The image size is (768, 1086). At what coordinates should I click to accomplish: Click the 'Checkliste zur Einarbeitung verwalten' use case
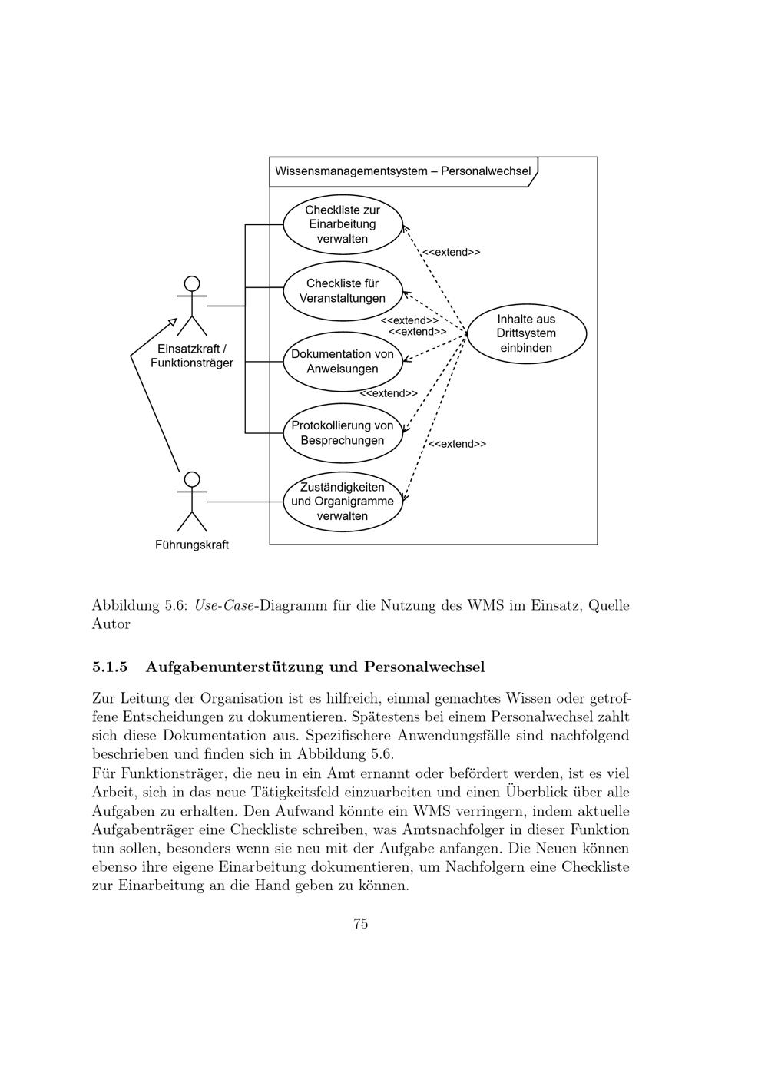343,224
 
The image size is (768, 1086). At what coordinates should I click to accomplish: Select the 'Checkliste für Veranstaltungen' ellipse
343,291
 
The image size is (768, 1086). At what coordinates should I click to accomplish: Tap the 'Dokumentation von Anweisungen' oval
343,362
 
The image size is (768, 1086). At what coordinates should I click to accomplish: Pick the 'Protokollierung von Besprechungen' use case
343,433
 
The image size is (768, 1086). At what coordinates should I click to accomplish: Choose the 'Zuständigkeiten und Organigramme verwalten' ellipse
343,502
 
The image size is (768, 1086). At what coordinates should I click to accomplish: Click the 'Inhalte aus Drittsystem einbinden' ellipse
526,333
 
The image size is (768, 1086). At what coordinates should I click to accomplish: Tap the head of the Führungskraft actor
192,479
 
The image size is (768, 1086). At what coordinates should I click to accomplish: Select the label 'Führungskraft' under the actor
192,545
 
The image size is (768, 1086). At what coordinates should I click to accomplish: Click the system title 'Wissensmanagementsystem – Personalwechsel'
402,171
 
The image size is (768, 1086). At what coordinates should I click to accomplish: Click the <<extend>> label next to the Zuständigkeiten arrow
457,444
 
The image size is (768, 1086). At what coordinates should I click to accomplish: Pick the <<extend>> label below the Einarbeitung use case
452,252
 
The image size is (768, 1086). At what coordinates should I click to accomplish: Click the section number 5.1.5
109,667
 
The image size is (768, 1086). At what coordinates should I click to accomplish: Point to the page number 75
361,924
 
